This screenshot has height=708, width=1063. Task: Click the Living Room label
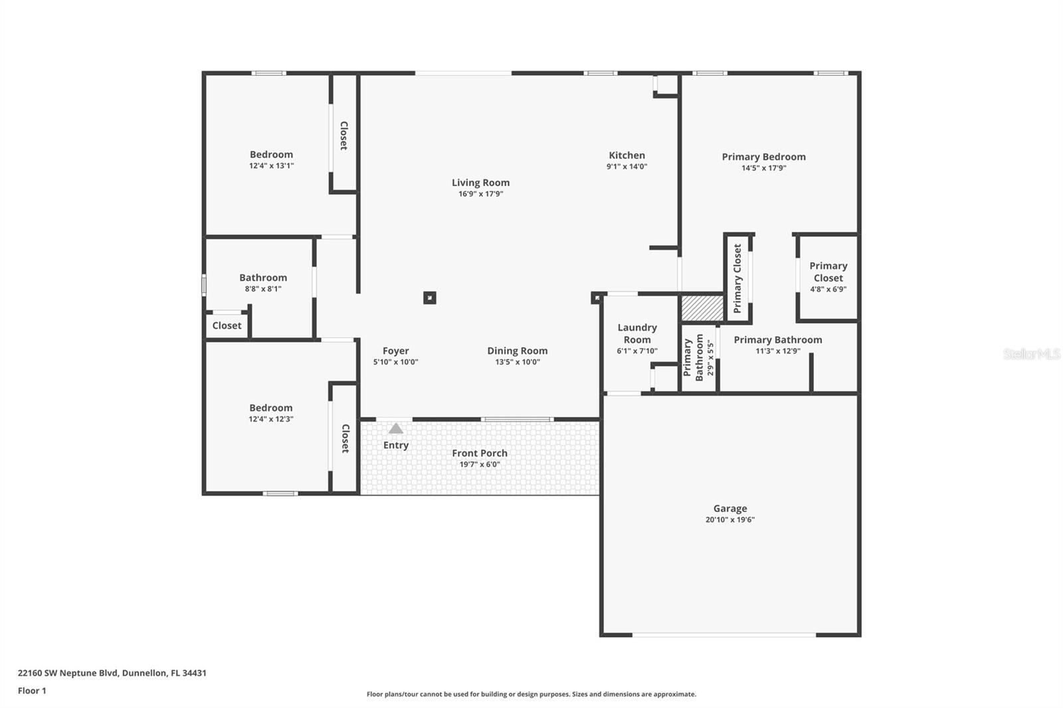point(480,183)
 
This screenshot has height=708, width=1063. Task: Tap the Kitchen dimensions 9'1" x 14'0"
point(627,167)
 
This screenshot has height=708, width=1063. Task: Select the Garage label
point(730,508)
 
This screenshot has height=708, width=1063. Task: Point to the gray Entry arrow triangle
point(396,428)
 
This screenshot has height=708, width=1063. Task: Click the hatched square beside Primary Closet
point(702,308)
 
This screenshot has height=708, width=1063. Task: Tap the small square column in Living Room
point(430,298)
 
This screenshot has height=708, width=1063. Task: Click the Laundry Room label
point(636,333)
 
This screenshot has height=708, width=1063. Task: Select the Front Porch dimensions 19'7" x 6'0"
point(480,464)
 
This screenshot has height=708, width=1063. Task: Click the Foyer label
point(395,351)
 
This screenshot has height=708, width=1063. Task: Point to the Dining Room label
point(517,351)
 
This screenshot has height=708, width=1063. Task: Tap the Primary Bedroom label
point(763,157)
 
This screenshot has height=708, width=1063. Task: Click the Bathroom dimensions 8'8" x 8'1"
point(263,289)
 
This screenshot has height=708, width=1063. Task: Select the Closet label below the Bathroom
point(227,325)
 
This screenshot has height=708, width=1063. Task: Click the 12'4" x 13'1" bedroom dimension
point(271,166)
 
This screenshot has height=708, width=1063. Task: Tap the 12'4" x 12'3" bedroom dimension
point(270,419)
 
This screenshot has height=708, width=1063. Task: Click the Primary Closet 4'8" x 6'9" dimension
point(828,289)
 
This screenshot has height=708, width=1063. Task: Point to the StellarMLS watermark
point(1031,354)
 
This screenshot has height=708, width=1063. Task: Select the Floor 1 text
point(32,691)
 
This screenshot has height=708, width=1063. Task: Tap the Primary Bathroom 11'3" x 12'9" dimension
point(777,351)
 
